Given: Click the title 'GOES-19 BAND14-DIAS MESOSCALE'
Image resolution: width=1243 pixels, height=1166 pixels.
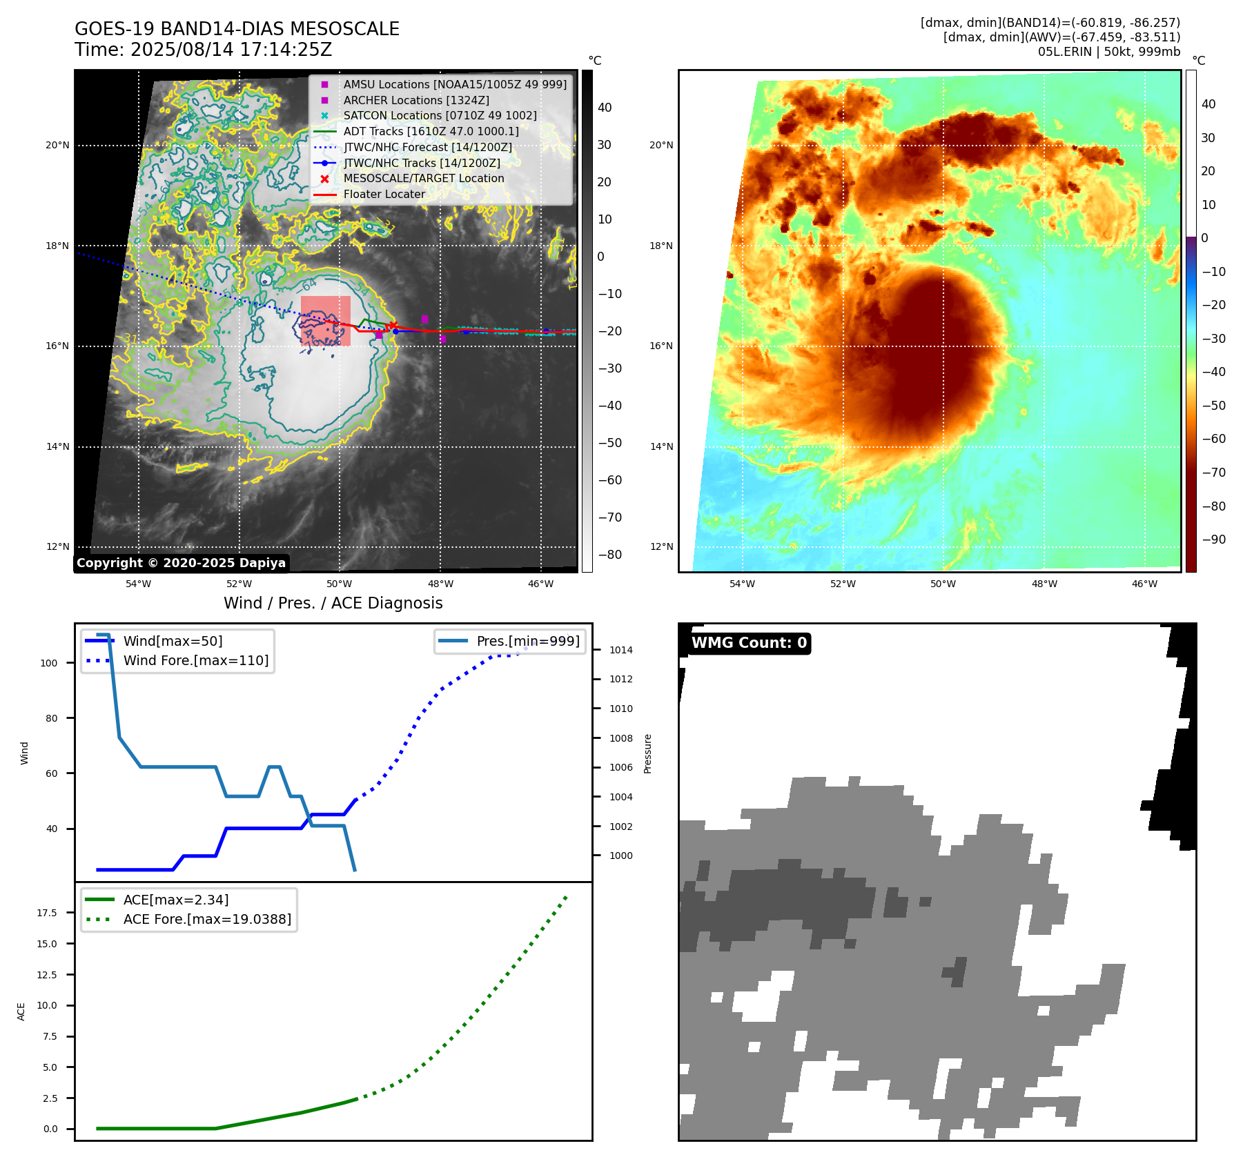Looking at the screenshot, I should [237, 29].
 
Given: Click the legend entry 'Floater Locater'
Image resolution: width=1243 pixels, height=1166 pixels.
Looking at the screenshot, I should [384, 195].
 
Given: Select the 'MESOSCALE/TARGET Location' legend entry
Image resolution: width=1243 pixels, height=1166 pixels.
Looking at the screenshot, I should [423, 179].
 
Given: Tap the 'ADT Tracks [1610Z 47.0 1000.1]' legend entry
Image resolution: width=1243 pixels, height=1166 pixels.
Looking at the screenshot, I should [431, 131].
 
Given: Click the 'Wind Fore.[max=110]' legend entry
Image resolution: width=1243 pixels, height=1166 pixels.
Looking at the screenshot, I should [195, 661].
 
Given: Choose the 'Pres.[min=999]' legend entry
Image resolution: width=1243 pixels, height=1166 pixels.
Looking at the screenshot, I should [527, 642].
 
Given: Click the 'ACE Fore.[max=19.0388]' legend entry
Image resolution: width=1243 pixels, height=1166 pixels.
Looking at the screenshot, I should [207, 920].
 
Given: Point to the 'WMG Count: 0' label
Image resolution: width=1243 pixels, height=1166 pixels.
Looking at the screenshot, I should [749, 643].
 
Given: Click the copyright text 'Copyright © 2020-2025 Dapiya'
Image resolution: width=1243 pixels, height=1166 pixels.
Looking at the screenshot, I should [181, 563].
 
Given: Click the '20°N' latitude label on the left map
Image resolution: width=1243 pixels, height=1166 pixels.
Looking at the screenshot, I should [58, 146].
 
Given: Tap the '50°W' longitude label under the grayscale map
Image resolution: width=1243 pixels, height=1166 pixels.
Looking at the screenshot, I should [340, 584].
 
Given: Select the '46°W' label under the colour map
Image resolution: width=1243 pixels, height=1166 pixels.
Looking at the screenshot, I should [1144, 584].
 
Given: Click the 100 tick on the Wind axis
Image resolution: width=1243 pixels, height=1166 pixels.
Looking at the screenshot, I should [49, 663].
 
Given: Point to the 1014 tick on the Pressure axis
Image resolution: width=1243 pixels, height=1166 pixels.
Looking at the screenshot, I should [620, 650].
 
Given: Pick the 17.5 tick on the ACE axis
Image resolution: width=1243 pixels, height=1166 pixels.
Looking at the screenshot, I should [47, 913].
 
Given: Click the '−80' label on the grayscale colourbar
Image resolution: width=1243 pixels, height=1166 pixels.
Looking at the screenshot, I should [609, 555].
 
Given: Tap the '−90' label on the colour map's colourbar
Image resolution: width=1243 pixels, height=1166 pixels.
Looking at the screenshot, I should [1213, 540].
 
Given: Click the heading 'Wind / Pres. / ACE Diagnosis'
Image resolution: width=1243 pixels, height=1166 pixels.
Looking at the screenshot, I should [333, 604].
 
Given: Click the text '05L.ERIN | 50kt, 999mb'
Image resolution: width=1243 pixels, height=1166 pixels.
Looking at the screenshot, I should [1108, 52].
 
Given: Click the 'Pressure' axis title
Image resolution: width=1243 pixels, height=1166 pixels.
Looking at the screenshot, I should [647, 753].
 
